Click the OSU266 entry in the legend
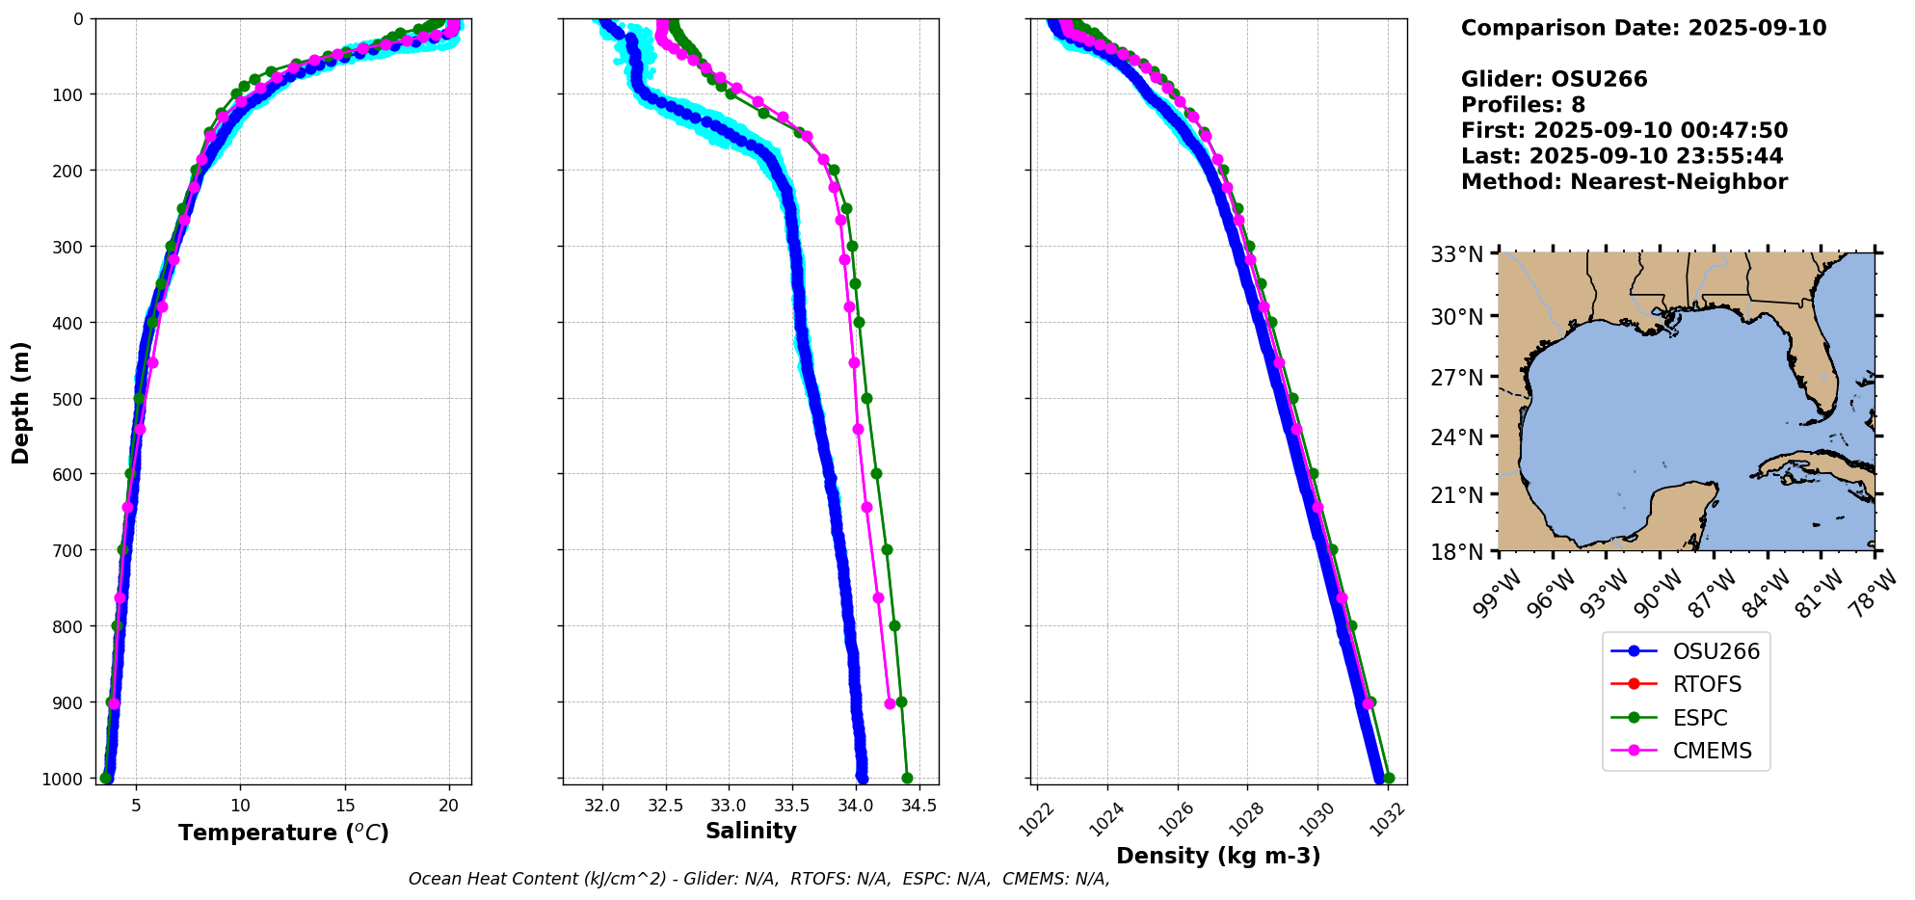coord(1686,651)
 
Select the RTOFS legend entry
coord(1686,685)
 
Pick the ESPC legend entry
coord(1686,718)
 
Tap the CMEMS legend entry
coord(1686,751)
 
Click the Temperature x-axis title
coord(283,833)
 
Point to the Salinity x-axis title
coord(751,831)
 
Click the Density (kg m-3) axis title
coord(1218,856)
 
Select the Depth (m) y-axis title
coord(21,402)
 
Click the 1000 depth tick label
coord(63,779)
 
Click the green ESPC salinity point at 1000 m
coord(907,778)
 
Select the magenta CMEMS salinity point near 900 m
coord(890,703)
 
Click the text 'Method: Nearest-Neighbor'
coord(1624,182)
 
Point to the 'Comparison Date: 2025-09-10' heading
coord(1643,28)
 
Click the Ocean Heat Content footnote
coord(758,879)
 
